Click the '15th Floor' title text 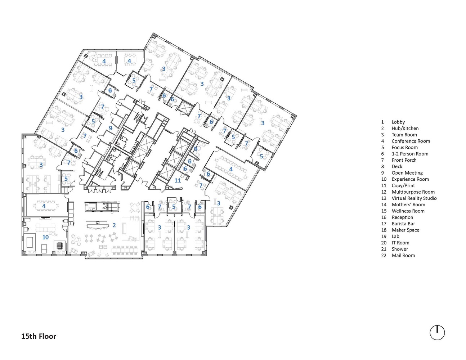pyautogui.click(x=39, y=336)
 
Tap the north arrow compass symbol pyautogui.click(x=437, y=333)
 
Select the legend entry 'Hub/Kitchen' pyautogui.click(x=405, y=129)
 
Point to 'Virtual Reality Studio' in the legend pyautogui.click(x=414, y=198)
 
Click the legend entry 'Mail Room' pyautogui.click(x=403, y=256)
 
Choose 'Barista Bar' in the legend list pyautogui.click(x=403, y=224)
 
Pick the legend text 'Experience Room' pyautogui.click(x=410, y=179)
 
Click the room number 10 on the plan pyautogui.click(x=45, y=237)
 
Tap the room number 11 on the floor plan pyautogui.click(x=178, y=180)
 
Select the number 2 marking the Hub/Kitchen pyautogui.click(x=114, y=225)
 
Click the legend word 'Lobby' pyautogui.click(x=398, y=122)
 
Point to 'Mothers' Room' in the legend pyautogui.click(x=408, y=204)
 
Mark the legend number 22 pyautogui.click(x=384, y=256)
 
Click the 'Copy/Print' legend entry pyautogui.click(x=403, y=185)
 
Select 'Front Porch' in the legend pyautogui.click(x=404, y=160)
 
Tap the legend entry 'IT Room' pyautogui.click(x=400, y=243)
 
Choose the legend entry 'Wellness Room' pyautogui.click(x=408, y=211)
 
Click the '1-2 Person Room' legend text pyautogui.click(x=410, y=154)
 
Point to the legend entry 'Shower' pyautogui.click(x=400, y=249)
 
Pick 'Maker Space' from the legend pyautogui.click(x=405, y=230)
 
